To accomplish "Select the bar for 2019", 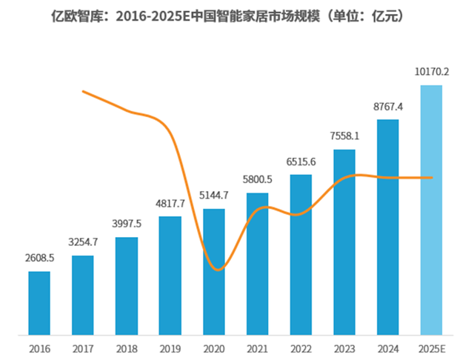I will coord(170,275).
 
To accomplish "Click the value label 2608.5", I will coord(39,259).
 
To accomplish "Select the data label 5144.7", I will coord(214,196).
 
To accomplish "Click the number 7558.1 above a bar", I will coord(344,136).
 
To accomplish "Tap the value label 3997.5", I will coord(127,224).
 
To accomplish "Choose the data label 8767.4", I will coord(388,107).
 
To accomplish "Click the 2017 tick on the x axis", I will coord(83,348).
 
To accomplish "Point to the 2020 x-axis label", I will coord(214,348).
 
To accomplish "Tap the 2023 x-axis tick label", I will coord(344,348).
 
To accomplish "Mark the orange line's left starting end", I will coord(83,91).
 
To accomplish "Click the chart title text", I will coord(236,16).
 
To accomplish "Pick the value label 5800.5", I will coord(257,180).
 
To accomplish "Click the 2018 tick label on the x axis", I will coord(127,348).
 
